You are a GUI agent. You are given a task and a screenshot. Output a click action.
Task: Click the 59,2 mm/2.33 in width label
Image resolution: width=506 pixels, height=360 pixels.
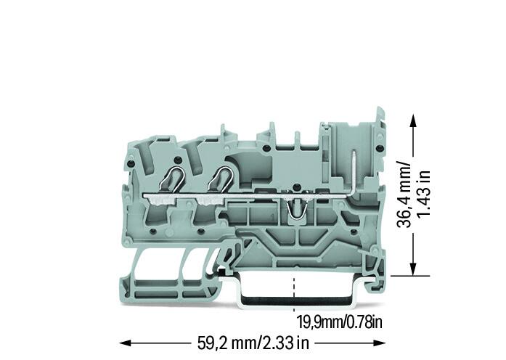tap(253, 343)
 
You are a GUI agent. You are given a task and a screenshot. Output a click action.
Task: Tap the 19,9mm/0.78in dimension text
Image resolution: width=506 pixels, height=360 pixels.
tap(340, 322)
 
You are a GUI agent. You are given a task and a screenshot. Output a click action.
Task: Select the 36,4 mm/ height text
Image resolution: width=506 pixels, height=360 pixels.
tap(404, 194)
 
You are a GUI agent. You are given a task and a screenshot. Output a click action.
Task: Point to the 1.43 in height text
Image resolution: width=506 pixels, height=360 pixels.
tap(423, 194)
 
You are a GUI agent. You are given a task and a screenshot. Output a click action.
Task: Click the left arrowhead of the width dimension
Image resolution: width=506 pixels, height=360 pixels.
tap(125, 343)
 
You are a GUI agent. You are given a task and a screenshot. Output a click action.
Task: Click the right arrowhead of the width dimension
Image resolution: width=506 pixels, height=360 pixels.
tap(380, 343)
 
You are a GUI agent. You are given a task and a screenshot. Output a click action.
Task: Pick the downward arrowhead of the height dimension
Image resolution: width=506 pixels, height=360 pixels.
tap(413, 269)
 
